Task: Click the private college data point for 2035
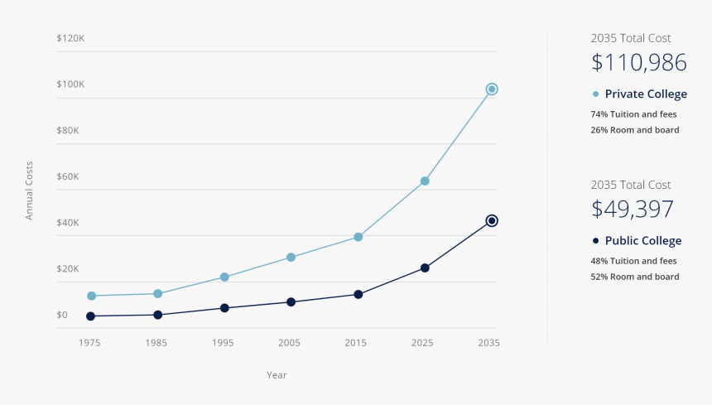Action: click(x=491, y=89)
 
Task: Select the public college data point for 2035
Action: click(x=491, y=220)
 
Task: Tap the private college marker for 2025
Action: click(x=425, y=181)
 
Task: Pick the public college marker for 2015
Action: click(x=358, y=294)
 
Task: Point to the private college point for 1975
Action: click(x=91, y=296)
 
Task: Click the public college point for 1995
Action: click(x=224, y=307)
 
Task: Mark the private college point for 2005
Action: click(x=291, y=257)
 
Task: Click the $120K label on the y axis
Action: click(x=70, y=38)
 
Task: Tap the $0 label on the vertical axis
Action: click(x=62, y=315)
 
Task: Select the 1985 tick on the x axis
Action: click(x=156, y=342)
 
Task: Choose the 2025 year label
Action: click(x=422, y=342)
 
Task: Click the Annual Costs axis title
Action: click(x=30, y=190)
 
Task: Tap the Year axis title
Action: click(x=277, y=375)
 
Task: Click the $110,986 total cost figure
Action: click(x=639, y=63)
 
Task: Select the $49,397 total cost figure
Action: click(x=633, y=210)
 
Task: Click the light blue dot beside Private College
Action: click(x=595, y=94)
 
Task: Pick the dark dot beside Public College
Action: click(x=595, y=240)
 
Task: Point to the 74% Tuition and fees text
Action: click(x=634, y=113)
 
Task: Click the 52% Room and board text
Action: click(x=634, y=277)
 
